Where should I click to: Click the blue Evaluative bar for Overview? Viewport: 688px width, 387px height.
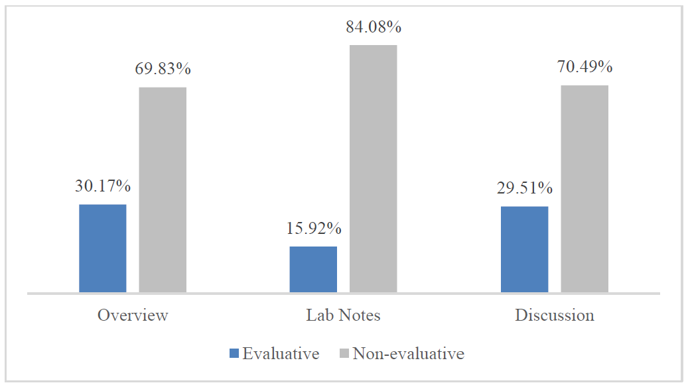pos(103,249)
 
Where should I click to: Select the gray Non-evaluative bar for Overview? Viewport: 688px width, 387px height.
pos(163,190)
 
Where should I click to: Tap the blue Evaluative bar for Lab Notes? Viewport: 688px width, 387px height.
pos(313,270)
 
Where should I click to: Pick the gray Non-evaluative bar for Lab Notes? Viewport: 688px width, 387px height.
pos(373,169)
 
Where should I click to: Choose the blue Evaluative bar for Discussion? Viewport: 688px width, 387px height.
pos(524,249)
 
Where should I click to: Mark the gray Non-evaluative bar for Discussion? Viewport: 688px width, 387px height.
pos(585,189)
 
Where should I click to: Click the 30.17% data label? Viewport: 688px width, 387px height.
pos(103,186)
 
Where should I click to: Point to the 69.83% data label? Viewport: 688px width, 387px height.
pos(163,69)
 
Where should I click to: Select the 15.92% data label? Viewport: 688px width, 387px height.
pos(314,229)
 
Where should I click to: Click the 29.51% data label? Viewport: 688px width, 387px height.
pos(525,188)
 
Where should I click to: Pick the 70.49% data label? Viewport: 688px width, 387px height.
pos(585,67)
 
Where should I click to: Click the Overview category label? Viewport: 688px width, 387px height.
pos(133,315)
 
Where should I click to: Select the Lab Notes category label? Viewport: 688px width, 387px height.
pos(343,315)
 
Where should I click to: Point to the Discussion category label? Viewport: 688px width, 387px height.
pos(555,315)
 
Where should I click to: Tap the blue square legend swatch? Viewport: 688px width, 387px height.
pos(234,354)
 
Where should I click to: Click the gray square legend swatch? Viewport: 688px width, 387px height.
pos(344,354)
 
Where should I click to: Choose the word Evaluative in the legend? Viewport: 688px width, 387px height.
pos(281,354)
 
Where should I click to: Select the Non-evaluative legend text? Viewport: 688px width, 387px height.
pos(408,354)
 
